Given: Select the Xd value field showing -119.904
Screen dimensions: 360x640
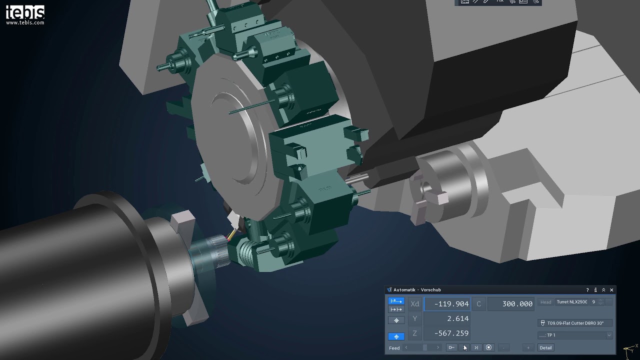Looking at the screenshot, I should pyautogui.click(x=447, y=303).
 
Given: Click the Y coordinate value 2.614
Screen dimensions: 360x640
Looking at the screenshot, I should pyautogui.click(x=447, y=318).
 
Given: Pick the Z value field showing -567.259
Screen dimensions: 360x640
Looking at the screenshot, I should pyautogui.click(x=447, y=333).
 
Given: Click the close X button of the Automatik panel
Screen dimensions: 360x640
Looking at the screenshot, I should pyautogui.click(x=611, y=290).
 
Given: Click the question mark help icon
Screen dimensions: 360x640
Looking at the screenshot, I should pyautogui.click(x=587, y=290).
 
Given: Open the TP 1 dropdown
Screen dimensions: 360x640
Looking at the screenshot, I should pyautogui.click(x=575, y=335).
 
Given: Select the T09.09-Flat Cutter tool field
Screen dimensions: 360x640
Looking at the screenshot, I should pyautogui.click(x=575, y=323).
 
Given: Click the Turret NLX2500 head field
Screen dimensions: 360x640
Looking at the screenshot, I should pyautogui.click(x=571, y=302).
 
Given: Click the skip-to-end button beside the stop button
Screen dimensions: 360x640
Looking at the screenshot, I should pyautogui.click(x=476, y=347).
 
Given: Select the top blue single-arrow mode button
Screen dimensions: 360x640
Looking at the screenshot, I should pyautogui.click(x=396, y=301).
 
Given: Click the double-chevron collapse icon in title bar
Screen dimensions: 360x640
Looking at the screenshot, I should pyautogui.click(x=603, y=290).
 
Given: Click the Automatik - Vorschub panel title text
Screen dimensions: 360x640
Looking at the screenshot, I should pyautogui.click(x=417, y=290).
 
